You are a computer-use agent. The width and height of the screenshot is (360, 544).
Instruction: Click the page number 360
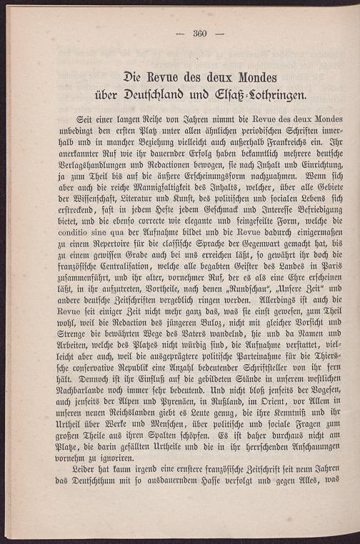point(199,33)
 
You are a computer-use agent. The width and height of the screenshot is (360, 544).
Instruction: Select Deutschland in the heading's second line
point(162,94)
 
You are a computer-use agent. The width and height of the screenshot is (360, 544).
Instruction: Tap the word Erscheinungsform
point(216,175)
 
